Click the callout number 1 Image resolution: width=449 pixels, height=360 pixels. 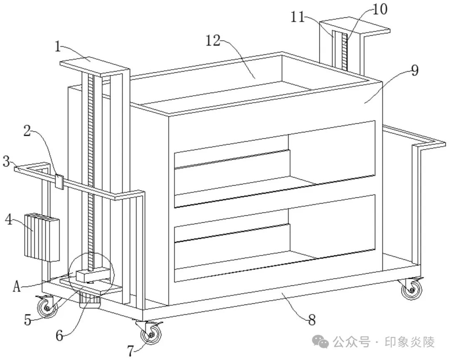tap(58, 47)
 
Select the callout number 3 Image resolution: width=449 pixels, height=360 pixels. tap(7, 161)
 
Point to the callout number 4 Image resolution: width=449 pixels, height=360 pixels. tap(9, 220)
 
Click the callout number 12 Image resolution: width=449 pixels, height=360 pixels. tap(213, 40)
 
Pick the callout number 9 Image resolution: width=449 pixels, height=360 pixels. tap(414, 70)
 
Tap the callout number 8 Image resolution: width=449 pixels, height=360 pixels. tap(312, 320)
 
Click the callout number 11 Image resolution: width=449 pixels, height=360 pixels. tap(298, 17)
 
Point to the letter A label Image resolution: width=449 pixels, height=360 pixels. tap(17, 286)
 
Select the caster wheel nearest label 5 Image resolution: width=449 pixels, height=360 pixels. tap(47, 307)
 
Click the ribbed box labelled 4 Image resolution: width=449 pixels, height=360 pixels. tap(42, 237)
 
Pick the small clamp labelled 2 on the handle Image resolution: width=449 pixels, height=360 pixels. tap(59, 181)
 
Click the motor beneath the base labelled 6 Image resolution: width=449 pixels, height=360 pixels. tap(90, 300)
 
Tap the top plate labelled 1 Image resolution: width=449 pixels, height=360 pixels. tap(94, 67)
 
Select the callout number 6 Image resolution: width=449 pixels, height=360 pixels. tap(59, 335)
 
